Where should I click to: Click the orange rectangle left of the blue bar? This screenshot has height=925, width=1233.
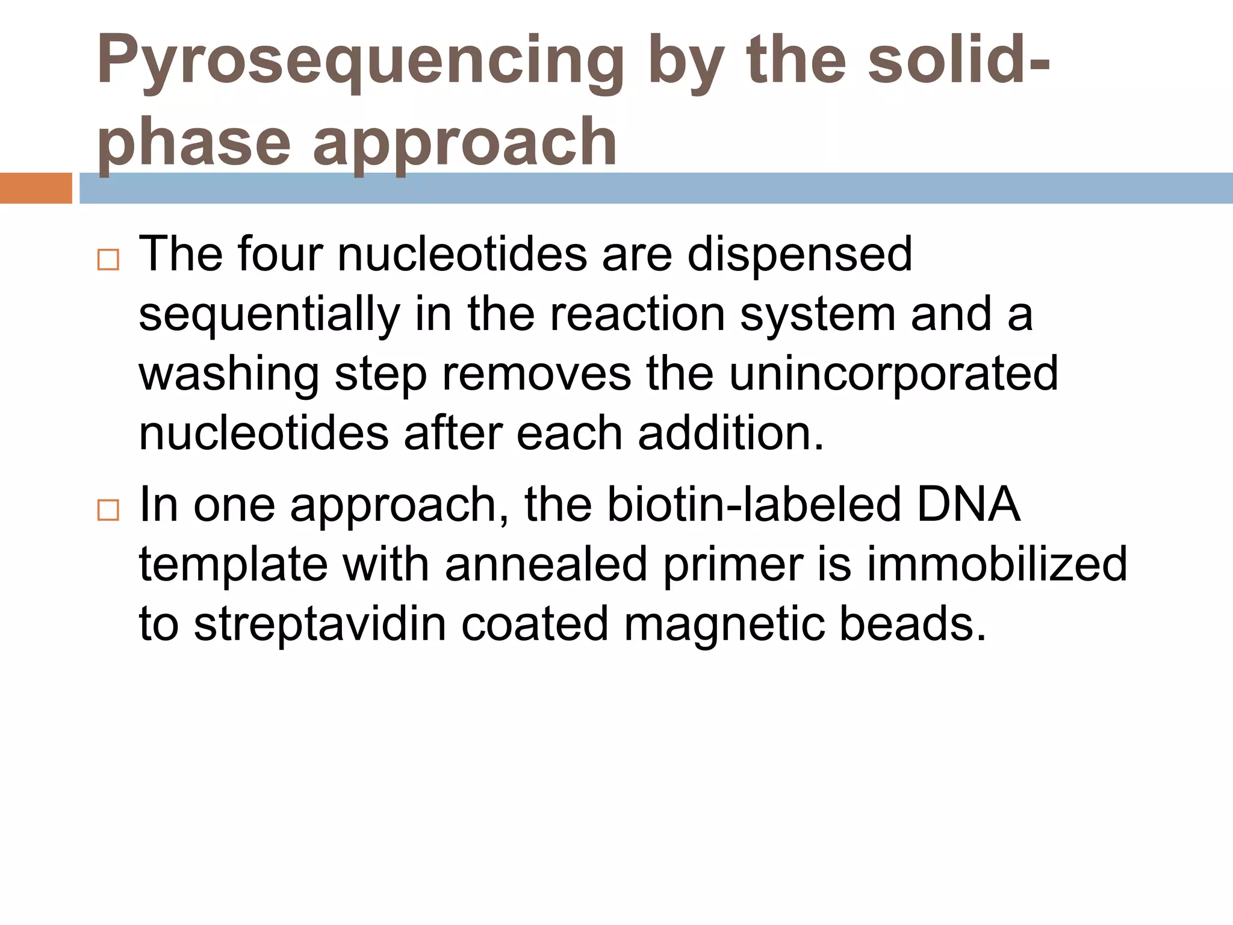[x=36, y=188]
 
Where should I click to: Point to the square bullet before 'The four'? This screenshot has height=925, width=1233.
[x=108, y=260]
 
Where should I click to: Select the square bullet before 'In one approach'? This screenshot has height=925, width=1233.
[x=108, y=510]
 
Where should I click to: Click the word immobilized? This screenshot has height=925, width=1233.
[x=996, y=565]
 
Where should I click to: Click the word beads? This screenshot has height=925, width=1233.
[x=912, y=624]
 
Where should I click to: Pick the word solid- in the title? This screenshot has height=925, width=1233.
[x=959, y=60]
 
